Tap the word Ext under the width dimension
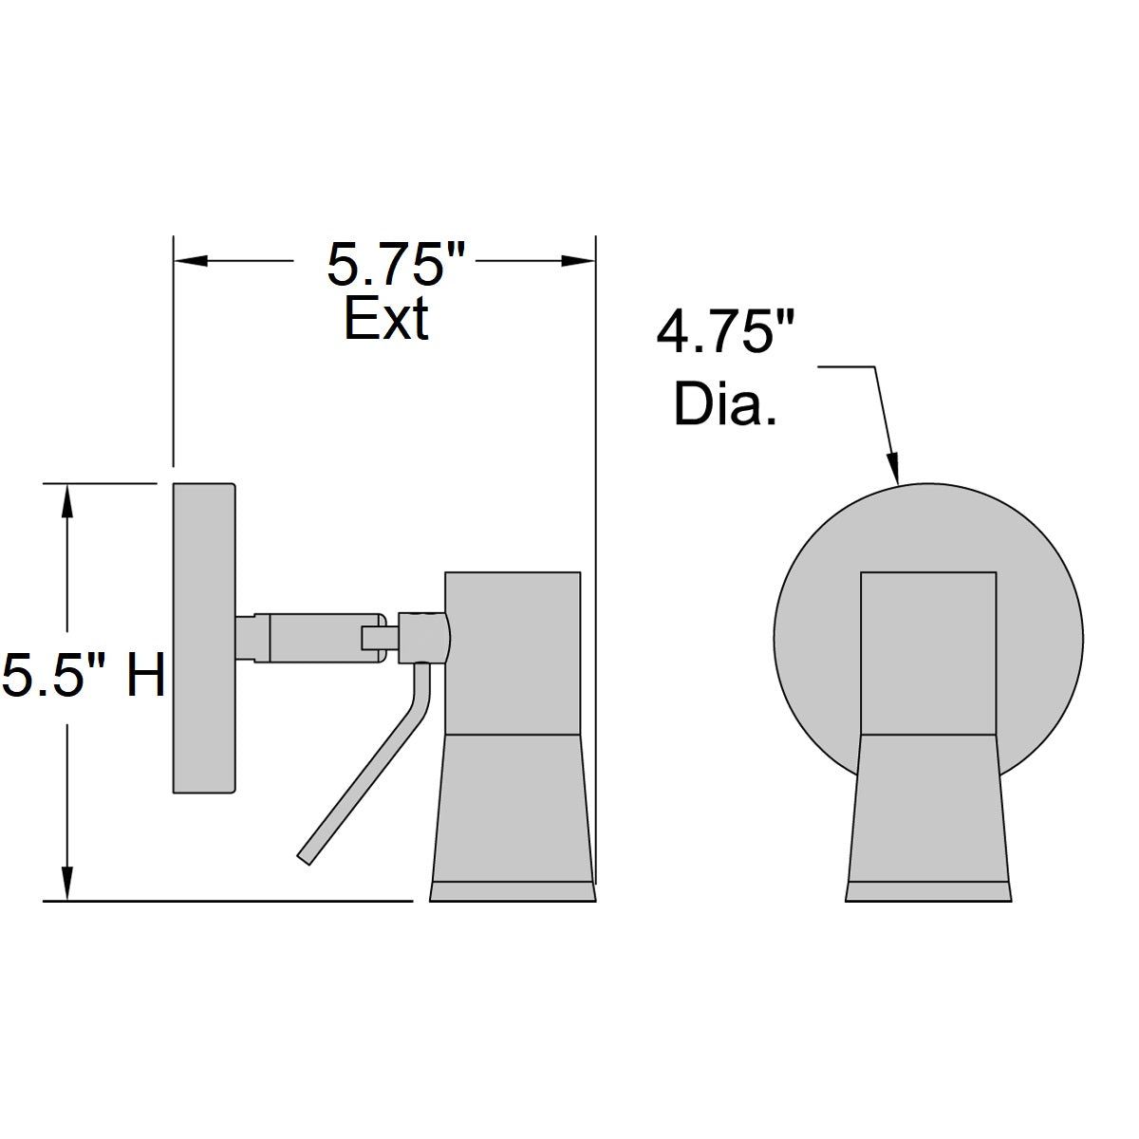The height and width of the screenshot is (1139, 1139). click(x=385, y=319)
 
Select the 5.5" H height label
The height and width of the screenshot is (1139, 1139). click(x=84, y=676)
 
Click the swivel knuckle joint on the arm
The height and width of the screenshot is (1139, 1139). click(x=422, y=637)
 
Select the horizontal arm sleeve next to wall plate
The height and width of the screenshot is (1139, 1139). click(x=313, y=637)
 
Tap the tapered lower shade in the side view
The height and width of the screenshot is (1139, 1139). click(x=513, y=807)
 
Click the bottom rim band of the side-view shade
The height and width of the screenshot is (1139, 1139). click(x=513, y=892)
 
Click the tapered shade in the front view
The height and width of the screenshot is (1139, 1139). click(x=927, y=807)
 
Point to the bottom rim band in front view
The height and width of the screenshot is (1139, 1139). click(x=927, y=892)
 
